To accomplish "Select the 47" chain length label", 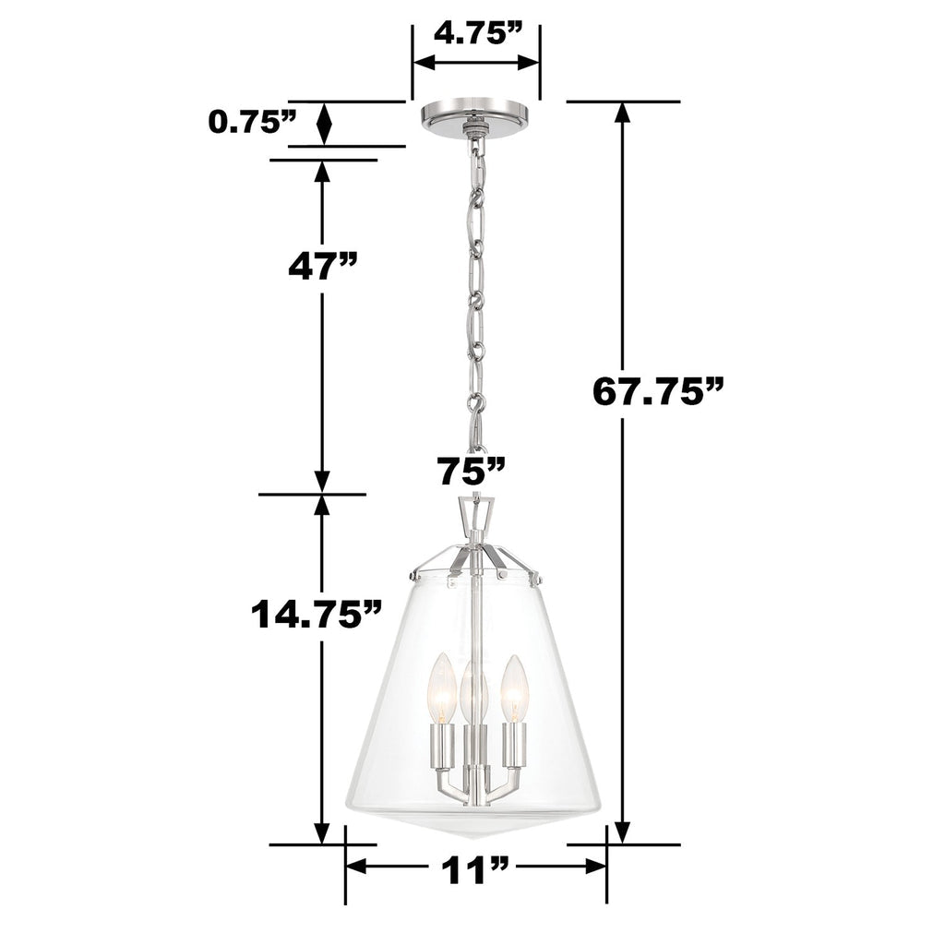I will (x=320, y=266).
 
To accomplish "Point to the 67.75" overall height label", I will (x=656, y=391).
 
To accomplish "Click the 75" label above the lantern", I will (x=472, y=471).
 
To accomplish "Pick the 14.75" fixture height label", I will (x=317, y=613).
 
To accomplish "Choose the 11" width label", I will (x=475, y=868).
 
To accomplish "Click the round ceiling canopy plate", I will (x=474, y=115).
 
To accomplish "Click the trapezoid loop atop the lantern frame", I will (x=475, y=512).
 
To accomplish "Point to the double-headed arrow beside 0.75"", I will (x=324, y=123).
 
